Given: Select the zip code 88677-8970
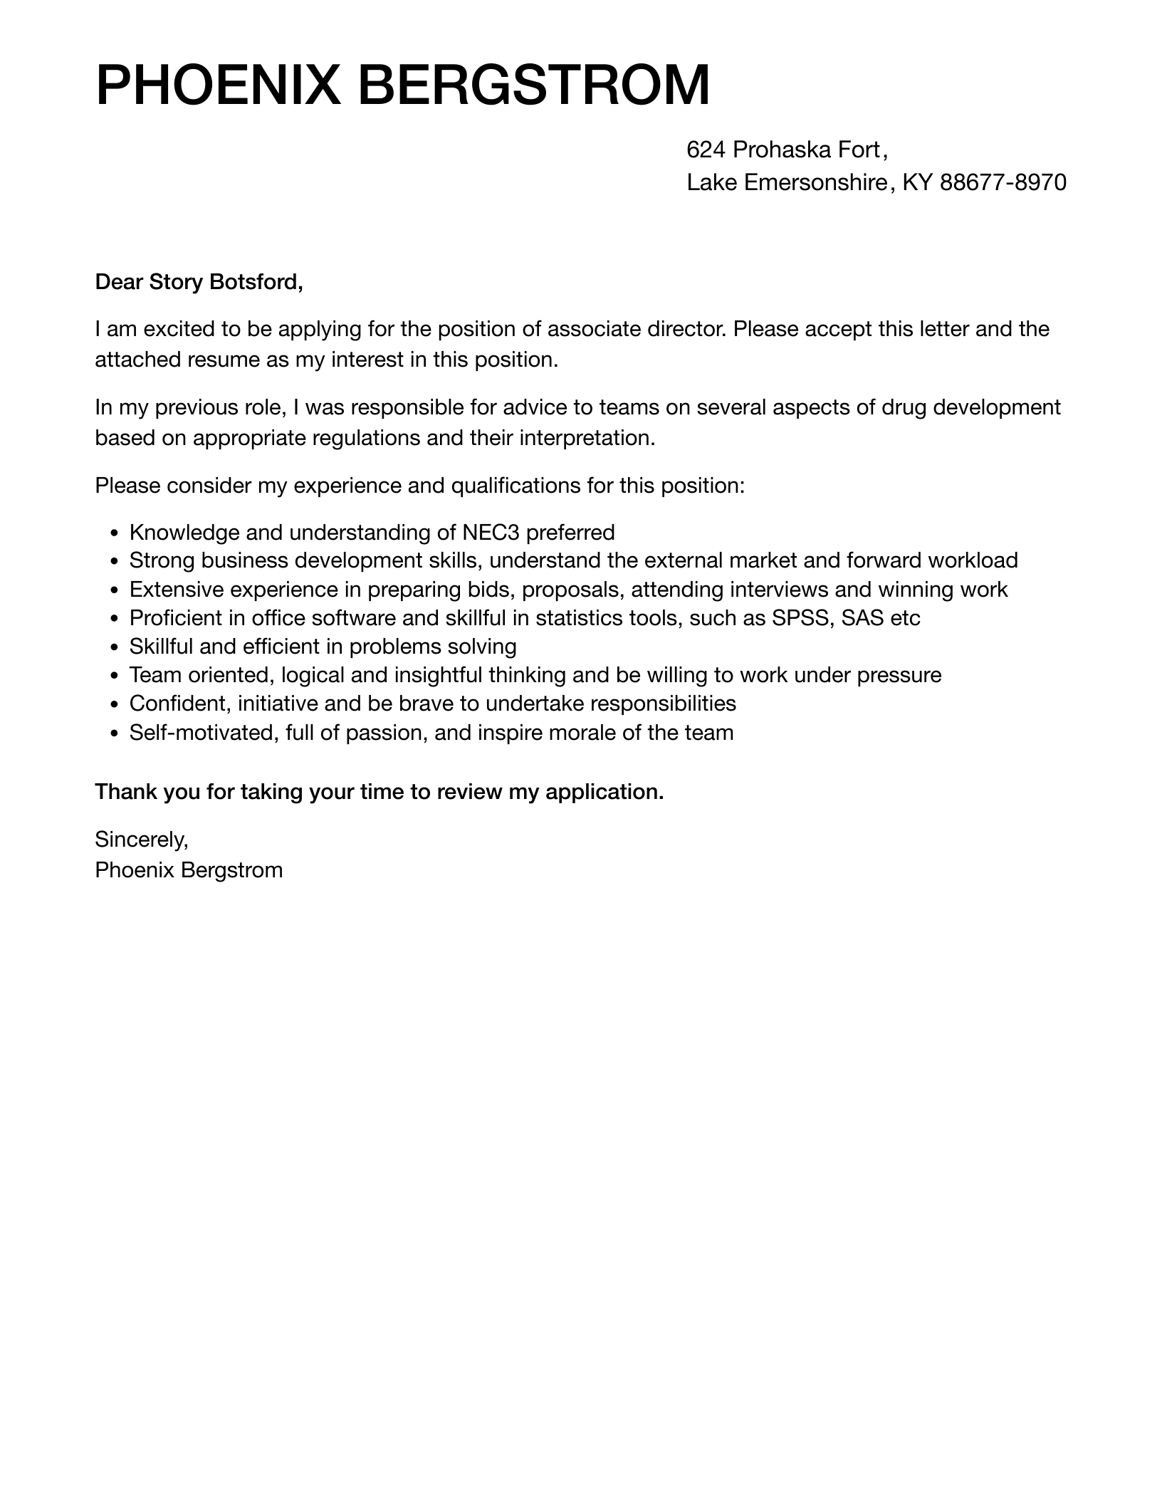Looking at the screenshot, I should (x=1003, y=183).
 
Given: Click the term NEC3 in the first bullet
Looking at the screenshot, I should (x=491, y=533).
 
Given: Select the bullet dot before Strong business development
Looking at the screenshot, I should (x=115, y=562).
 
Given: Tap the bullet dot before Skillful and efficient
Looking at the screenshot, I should (x=115, y=647).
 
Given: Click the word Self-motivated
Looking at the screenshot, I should (x=202, y=733).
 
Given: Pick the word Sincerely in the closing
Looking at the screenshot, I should (x=141, y=840).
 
